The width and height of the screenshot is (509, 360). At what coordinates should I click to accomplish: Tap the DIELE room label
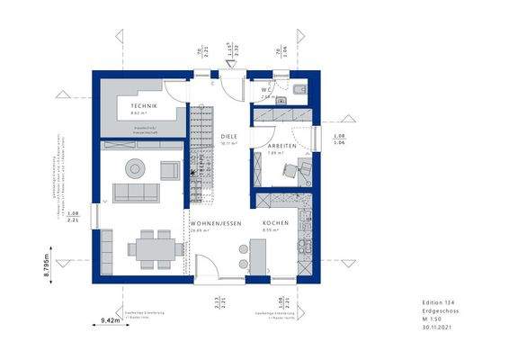coord(229,136)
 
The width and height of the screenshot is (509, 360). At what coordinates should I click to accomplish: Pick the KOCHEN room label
coord(274,222)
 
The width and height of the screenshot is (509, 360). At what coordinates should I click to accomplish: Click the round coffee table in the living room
coord(136,167)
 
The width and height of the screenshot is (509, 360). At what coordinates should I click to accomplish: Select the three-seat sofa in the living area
coord(131,192)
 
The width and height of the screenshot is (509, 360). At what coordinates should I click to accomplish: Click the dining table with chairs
coord(149,244)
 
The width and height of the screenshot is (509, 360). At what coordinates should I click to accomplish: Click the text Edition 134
coord(439,302)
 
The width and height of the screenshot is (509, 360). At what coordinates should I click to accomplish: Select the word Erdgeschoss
coord(441,310)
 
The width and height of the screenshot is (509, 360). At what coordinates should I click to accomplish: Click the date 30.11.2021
coord(437,327)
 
